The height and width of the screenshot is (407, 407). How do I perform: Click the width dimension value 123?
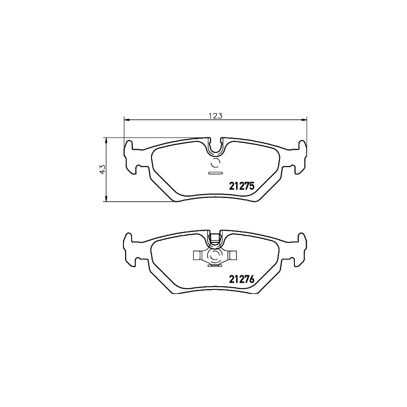(x=216, y=116)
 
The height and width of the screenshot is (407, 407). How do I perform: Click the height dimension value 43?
(x=103, y=169)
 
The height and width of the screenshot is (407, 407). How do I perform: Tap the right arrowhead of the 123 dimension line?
(x=304, y=120)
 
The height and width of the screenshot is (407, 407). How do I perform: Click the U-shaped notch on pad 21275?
(x=215, y=146)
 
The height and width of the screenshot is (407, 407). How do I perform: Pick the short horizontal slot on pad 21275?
(x=215, y=173)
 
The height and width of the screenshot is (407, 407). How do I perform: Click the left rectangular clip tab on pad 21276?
(x=197, y=256)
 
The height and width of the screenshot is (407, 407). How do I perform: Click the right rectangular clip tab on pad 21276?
(x=232, y=256)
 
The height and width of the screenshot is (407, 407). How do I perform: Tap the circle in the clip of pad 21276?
(x=215, y=257)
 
